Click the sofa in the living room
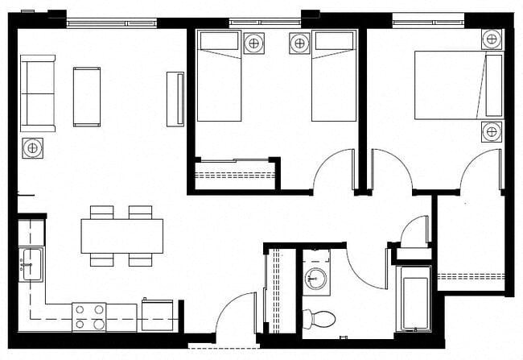[38, 93]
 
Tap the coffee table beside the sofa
[87, 96]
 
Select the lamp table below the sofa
[32, 148]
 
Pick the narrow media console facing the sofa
[175, 98]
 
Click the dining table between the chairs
[121, 235]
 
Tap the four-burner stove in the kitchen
[89, 316]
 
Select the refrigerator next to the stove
[157, 314]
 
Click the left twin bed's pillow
[219, 40]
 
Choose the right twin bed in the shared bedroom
[334, 77]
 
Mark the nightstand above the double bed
[492, 39]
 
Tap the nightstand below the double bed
[492, 131]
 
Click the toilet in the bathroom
[322, 317]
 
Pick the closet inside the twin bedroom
[235, 174]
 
